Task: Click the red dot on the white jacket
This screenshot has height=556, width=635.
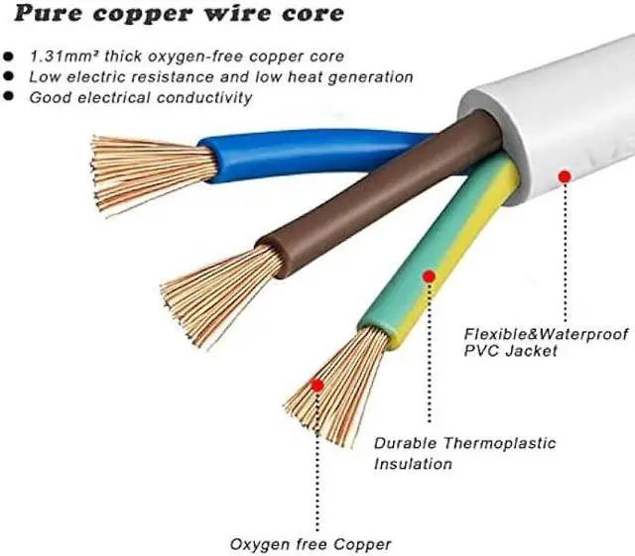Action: point(565,175)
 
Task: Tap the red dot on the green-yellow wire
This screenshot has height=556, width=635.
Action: point(429,276)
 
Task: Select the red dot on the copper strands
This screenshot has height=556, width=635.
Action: point(317,384)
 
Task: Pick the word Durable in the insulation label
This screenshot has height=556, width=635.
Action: point(405,443)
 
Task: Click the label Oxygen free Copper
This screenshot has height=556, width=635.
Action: point(311,543)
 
